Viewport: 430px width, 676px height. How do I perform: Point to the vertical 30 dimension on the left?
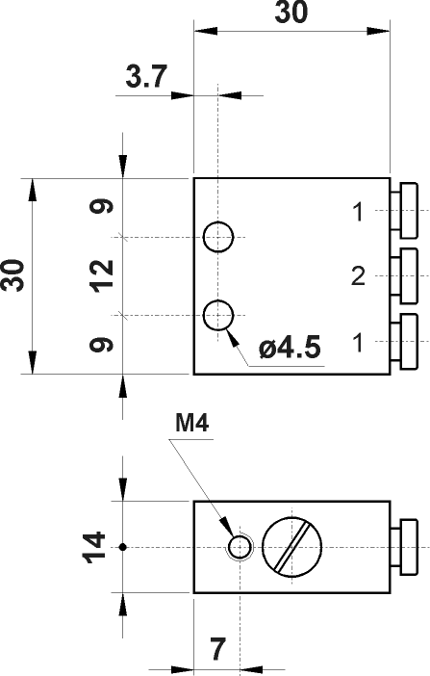(14, 276)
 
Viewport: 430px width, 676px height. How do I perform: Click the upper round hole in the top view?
(218, 236)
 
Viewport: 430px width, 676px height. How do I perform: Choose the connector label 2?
(358, 277)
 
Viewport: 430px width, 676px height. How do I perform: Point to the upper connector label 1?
(358, 212)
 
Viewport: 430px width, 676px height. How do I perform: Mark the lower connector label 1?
(358, 341)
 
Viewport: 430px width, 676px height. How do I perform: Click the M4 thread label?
(192, 423)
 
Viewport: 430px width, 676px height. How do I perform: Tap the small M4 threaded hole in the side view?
(239, 547)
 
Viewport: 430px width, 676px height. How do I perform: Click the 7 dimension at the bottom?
(217, 650)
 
